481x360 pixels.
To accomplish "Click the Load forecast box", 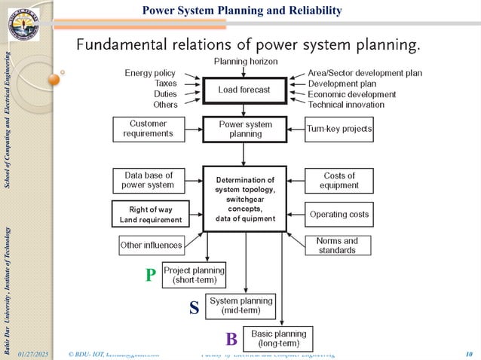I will coord(244,90).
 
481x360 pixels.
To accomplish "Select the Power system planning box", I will coord(244,129).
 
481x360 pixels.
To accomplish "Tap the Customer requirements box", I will coord(148,129).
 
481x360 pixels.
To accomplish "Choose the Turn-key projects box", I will coord(339,129).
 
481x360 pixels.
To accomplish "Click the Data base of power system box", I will coord(148,180).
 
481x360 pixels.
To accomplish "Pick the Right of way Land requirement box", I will coord(148,215).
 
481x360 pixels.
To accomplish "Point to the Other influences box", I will coord(151,245).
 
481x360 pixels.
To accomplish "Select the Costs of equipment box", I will coord(339,180).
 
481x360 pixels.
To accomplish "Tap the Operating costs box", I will coord(339,215).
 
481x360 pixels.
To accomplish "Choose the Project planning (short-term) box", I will coord(194,276).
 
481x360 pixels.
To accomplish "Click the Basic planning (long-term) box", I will coord(278,338).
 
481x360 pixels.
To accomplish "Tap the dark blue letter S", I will coord(195,308).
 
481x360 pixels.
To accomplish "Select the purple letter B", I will coord(231,339).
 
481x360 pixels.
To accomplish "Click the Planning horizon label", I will coord(246,60).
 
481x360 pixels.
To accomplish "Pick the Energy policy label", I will coord(150,73).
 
